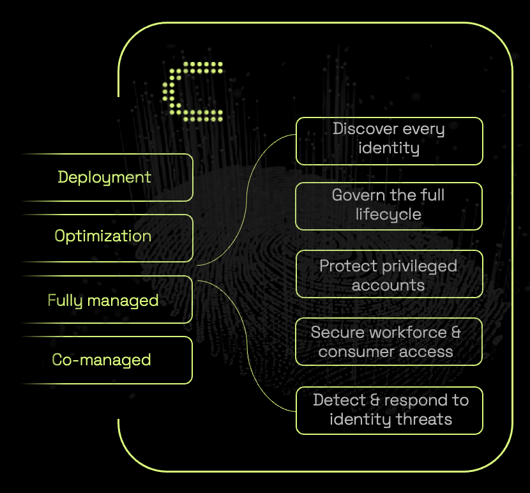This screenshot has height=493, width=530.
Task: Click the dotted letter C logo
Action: [x=192, y=92]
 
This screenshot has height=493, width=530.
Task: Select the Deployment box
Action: [x=105, y=177]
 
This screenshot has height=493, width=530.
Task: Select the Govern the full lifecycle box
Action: [x=389, y=206]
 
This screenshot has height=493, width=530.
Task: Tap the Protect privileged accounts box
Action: [x=389, y=275]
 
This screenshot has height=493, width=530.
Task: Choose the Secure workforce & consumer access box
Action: [x=389, y=342]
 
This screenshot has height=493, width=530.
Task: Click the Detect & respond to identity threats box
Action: [x=389, y=410]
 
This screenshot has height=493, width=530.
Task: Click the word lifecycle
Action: [x=388, y=215]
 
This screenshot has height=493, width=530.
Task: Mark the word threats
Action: [x=424, y=420]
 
